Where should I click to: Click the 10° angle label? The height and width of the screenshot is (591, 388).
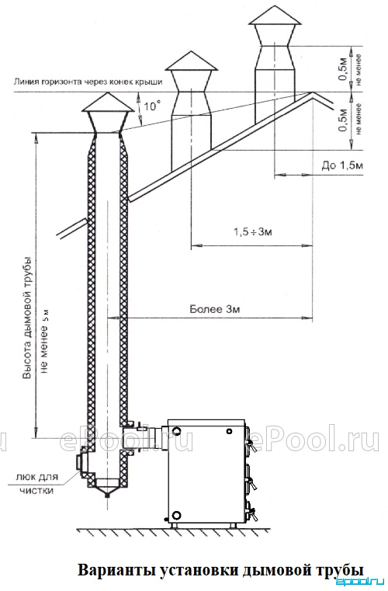[x=150, y=106]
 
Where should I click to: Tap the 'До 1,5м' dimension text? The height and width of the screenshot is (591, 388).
[x=342, y=165]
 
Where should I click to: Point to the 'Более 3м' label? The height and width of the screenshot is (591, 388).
[x=215, y=310]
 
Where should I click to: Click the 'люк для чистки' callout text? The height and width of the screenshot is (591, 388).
[x=37, y=484]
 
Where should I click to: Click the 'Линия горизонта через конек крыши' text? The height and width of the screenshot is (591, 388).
[x=88, y=82]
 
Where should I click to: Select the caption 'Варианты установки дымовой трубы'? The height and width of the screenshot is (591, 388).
[x=221, y=569]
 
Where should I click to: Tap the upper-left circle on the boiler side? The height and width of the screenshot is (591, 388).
[x=175, y=430]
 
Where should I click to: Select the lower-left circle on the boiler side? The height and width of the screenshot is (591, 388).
[x=175, y=515]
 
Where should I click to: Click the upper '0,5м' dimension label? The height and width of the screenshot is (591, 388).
[x=342, y=70]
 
